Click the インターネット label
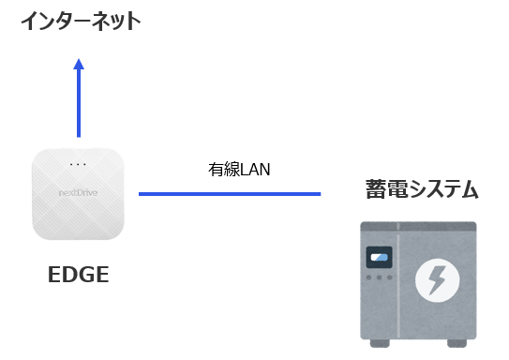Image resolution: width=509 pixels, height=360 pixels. (x=82, y=20)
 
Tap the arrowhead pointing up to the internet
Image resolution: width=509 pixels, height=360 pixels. (x=79, y=65)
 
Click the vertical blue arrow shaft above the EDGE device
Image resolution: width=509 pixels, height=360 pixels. (x=79, y=103)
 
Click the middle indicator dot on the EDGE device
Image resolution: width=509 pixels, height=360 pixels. (x=78, y=165)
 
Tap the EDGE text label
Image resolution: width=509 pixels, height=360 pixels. (x=79, y=276)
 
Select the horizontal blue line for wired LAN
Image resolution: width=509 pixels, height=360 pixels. (x=230, y=194)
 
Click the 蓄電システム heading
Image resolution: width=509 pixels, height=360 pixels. (x=422, y=190)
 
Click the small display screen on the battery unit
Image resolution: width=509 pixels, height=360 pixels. (x=379, y=257)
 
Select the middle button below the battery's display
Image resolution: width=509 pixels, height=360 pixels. (x=380, y=278)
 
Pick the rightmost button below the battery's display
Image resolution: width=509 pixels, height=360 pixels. (x=388, y=278)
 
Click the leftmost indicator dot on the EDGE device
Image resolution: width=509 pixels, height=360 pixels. (x=71, y=165)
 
